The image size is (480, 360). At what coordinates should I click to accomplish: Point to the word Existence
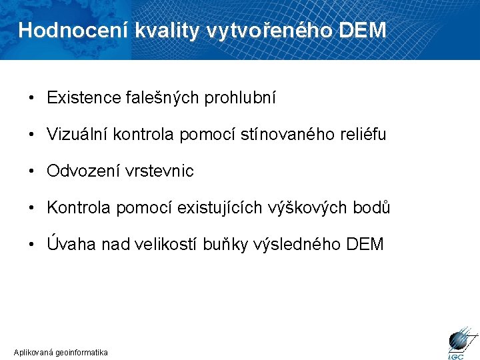pos(83,98)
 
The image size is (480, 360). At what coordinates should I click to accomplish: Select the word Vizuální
pos(77,135)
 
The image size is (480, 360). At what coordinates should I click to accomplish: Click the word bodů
pos(371,208)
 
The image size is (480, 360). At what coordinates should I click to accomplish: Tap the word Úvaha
pos(72,244)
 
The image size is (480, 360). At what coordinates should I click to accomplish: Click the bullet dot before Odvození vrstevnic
pos(32,171)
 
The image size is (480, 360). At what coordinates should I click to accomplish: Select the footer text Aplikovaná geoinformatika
pos(61,352)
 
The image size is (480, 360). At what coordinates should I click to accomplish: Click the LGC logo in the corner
pos(459,341)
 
